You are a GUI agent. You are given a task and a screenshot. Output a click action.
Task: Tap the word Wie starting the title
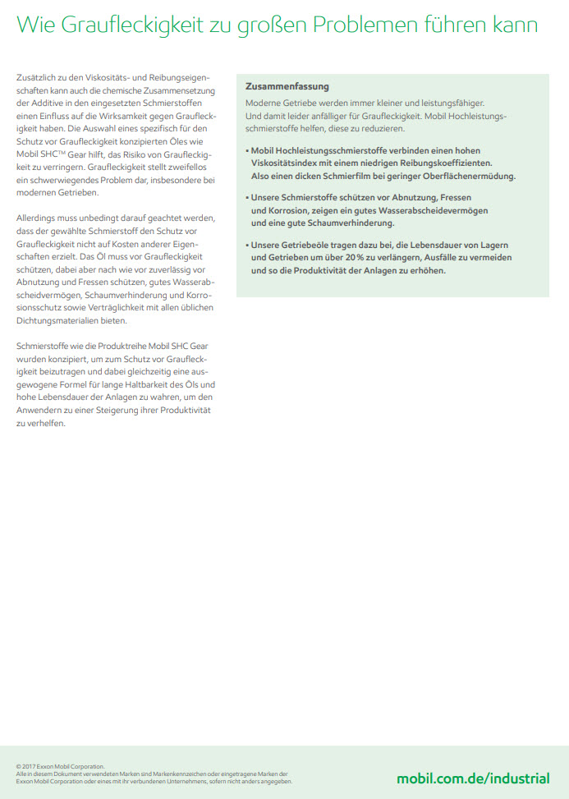(x=36, y=25)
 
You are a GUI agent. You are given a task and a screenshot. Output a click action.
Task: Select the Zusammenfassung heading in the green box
(x=287, y=86)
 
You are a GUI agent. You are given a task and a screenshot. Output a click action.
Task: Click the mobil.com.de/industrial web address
(x=473, y=778)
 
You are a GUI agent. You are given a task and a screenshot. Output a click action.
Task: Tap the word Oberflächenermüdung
(x=467, y=176)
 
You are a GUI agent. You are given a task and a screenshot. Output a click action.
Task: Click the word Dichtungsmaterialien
(x=54, y=320)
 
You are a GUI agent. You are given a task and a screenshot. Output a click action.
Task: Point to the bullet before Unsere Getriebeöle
(x=247, y=246)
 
